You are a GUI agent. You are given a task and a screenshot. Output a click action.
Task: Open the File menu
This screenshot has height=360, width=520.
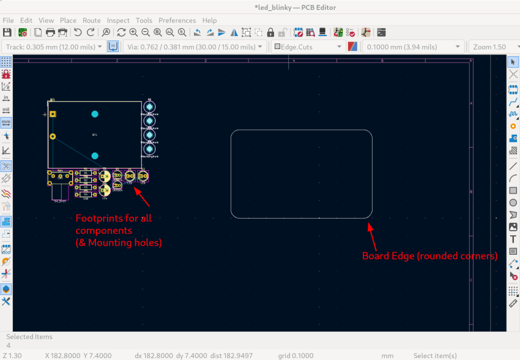(8, 20)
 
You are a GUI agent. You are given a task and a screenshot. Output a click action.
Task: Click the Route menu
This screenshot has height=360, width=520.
(92, 20)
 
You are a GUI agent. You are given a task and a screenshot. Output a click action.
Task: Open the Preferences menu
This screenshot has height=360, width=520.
(177, 20)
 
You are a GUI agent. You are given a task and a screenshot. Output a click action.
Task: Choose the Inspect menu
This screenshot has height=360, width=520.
(118, 20)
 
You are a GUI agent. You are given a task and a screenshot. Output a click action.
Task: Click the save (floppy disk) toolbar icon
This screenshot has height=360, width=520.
(7, 32)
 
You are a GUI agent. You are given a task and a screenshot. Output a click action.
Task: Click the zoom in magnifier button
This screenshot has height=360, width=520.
(133, 32)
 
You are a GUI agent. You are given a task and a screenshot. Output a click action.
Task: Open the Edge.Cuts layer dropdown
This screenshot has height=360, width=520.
(308, 47)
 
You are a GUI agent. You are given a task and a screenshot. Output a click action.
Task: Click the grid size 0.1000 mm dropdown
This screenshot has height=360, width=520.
(412, 47)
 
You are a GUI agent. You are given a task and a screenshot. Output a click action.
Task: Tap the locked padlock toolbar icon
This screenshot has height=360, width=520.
(270, 32)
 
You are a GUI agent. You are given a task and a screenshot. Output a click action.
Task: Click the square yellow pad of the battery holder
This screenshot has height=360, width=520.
(53, 114)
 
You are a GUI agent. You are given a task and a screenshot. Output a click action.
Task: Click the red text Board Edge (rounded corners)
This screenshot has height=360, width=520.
(429, 256)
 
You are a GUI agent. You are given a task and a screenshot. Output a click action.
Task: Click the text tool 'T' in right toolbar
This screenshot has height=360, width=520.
(513, 239)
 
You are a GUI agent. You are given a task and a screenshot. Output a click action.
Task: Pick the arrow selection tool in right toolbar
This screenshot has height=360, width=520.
(513, 62)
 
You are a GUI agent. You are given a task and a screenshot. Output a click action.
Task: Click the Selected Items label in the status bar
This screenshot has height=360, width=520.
(29, 337)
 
